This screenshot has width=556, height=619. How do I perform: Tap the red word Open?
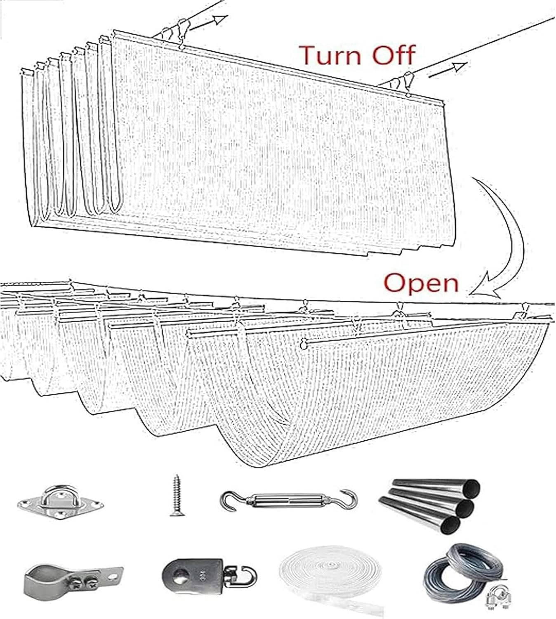point(421,284)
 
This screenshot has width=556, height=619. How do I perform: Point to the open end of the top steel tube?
point(472,487)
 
